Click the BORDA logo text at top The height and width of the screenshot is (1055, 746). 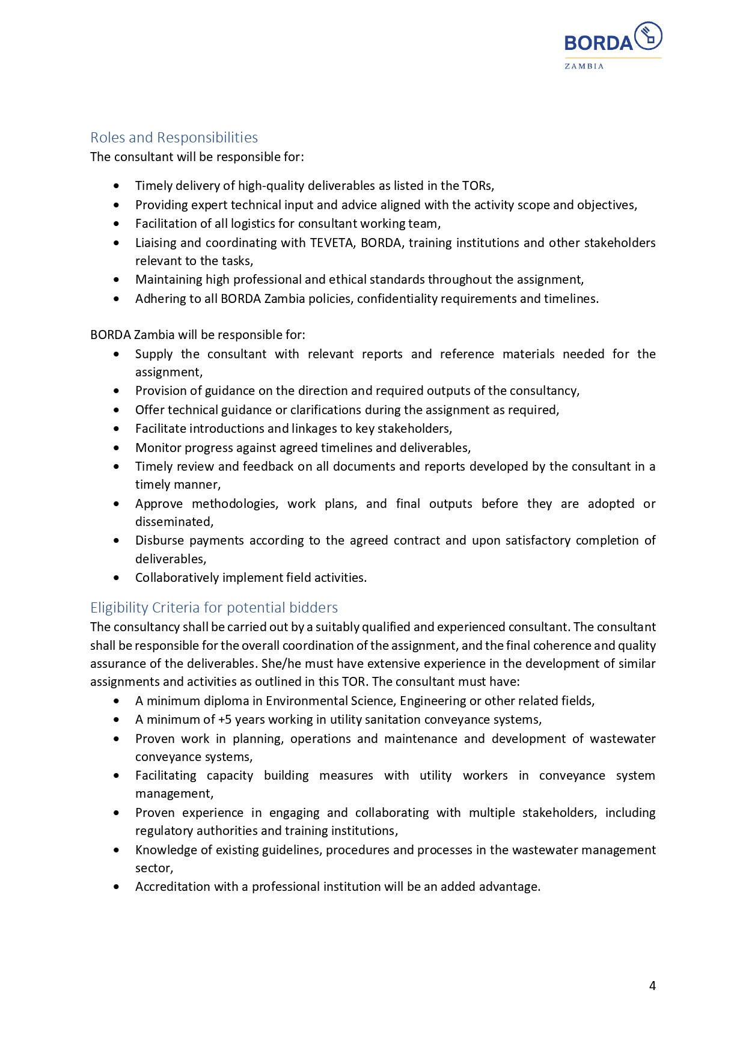point(598,43)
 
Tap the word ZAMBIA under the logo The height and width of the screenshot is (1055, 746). point(584,66)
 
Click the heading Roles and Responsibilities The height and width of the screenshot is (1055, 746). point(174,138)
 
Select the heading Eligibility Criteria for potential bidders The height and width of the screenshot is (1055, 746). point(214,608)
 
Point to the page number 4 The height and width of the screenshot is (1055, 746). point(652,986)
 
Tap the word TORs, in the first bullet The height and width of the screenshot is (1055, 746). point(478,186)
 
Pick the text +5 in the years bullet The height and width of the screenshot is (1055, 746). point(225,720)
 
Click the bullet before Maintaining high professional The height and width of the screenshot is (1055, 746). point(117,280)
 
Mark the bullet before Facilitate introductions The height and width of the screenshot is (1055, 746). point(117,429)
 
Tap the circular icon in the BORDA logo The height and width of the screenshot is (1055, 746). point(648,35)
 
